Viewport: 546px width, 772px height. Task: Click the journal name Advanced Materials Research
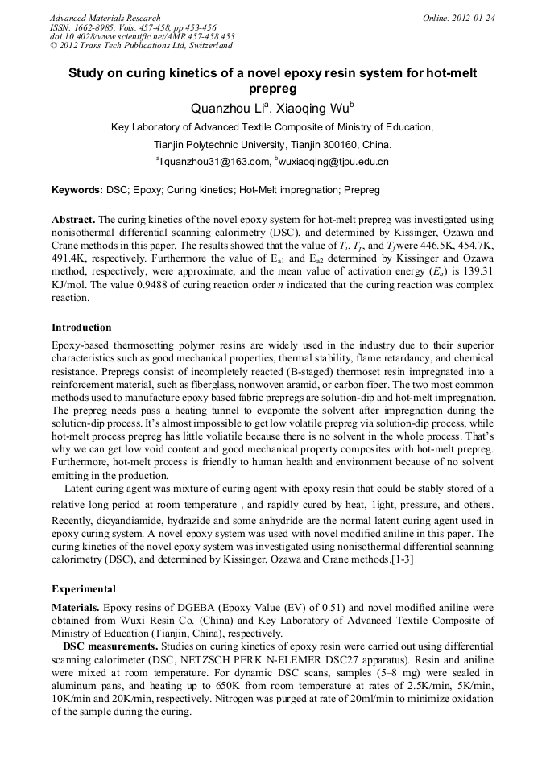[105, 18]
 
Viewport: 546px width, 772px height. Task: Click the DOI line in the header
[142, 37]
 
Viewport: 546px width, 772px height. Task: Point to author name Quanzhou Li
[223, 108]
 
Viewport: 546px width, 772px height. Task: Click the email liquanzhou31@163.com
[213, 162]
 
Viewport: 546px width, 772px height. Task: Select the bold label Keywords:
[77, 191]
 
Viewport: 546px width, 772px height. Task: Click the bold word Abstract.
[73, 220]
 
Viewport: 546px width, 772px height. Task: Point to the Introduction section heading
[81, 328]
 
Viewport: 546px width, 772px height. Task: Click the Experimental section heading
[84, 589]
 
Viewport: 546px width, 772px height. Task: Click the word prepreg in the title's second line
[272, 88]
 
